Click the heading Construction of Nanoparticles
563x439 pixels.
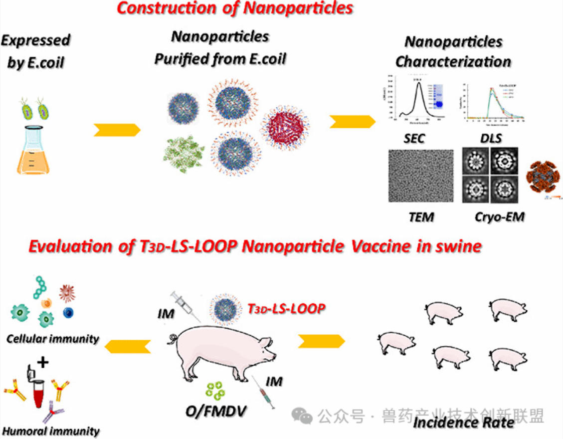tap(235, 8)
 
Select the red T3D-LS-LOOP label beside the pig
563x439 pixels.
tap(286, 308)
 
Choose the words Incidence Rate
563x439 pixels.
tap(464, 423)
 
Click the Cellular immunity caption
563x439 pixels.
tap(52, 339)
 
